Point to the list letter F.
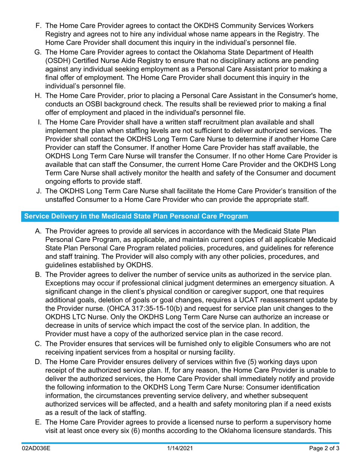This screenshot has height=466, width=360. tap(38, 26)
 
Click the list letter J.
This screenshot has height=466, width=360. tap(38, 192)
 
